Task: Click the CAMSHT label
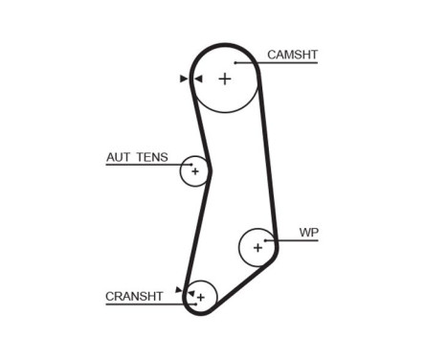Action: pyautogui.click(x=292, y=55)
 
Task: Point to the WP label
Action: pyautogui.click(x=308, y=232)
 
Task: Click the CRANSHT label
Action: pyautogui.click(x=135, y=297)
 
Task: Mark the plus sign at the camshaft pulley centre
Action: pyautogui.click(x=225, y=79)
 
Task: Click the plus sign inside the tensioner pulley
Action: pyautogui.click(x=194, y=172)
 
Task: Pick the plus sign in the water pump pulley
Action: pyautogui.click(x=257, y=247)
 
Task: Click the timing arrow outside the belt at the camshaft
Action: pyautogui.click(x=183, y=79)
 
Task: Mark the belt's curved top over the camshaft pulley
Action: pyautogui.click(x=226, y=44)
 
